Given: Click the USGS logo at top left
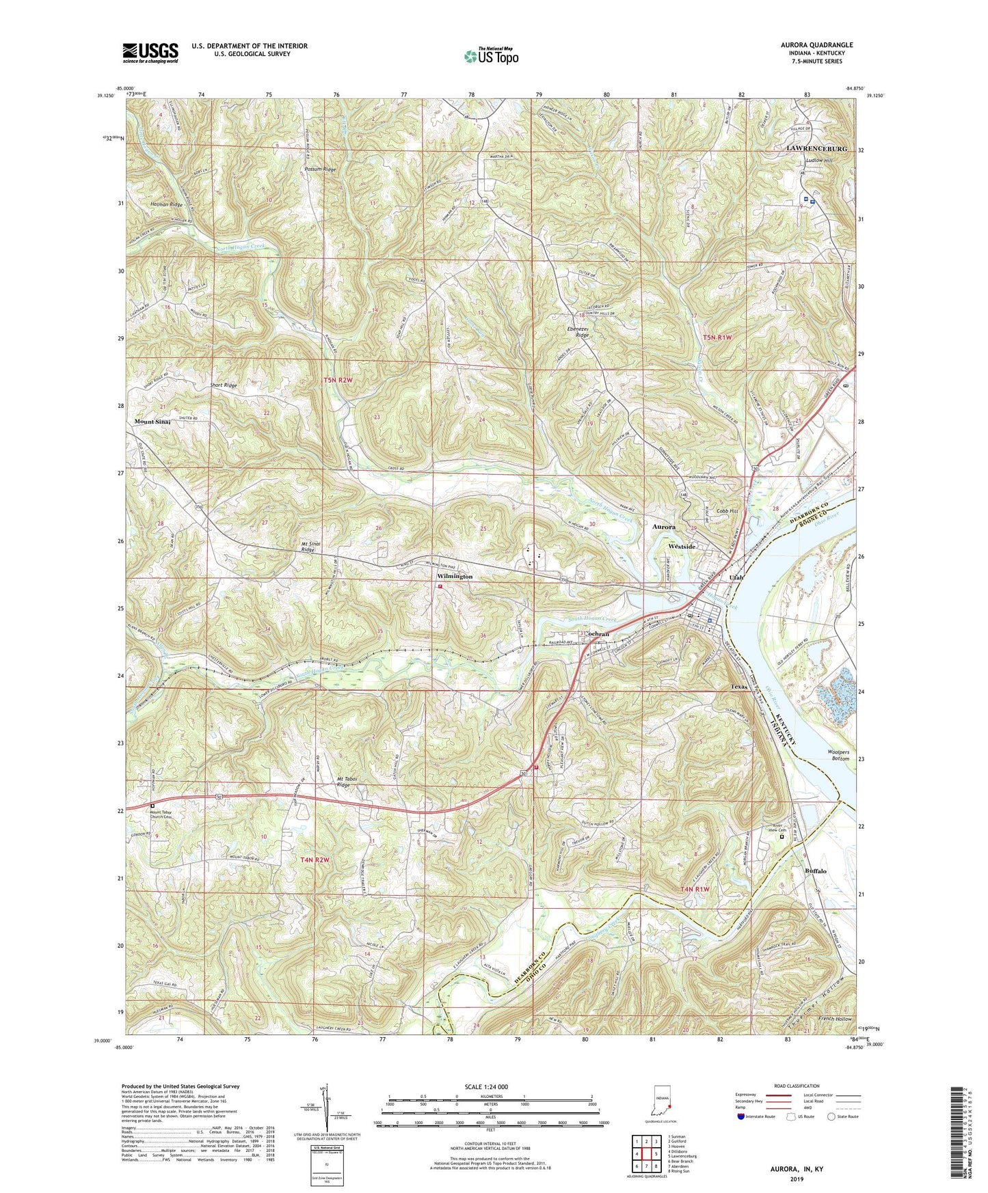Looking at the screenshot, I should tap(150, 53).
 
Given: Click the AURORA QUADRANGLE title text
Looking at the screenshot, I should tap(816, 45).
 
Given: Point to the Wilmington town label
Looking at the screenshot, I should tap(455, 577).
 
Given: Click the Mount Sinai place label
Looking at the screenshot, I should tap(152, 422).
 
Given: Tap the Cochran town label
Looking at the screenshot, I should tap(597, 634).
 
